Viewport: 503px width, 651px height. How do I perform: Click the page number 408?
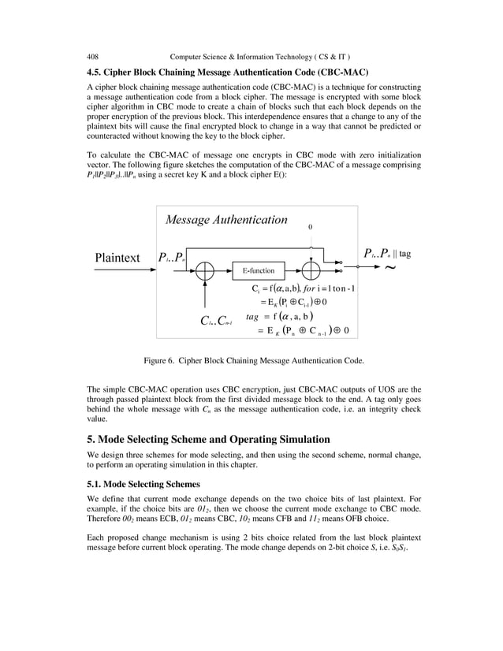pos(92,57)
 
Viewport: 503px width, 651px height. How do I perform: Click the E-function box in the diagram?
pos(258,270)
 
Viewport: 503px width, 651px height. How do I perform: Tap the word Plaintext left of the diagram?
pos(117,258)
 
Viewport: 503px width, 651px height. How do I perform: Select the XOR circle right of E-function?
pos(311,270)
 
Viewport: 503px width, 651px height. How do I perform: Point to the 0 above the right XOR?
pos(311,227)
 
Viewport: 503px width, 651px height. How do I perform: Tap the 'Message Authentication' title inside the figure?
pos(226,219)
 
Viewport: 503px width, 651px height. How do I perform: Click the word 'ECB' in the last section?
pos(159,521)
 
